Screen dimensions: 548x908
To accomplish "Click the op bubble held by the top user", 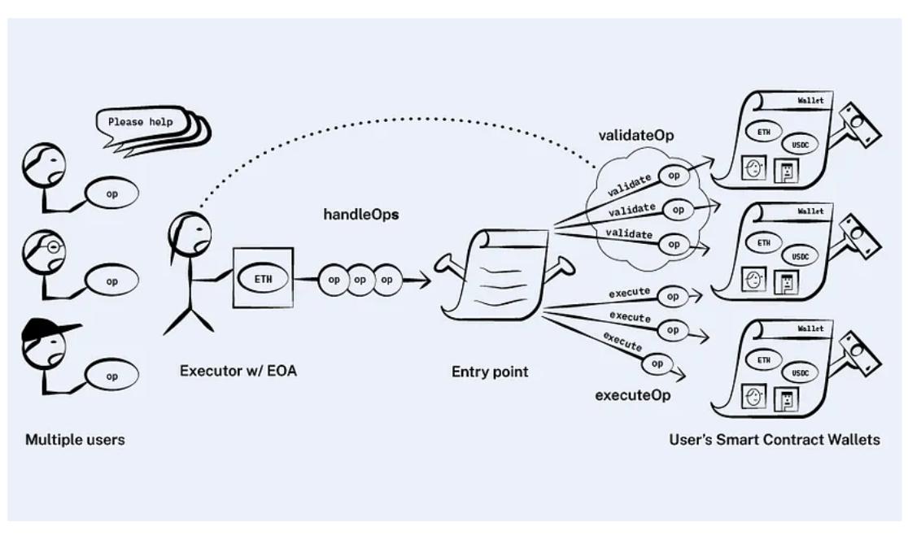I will click(112, 194).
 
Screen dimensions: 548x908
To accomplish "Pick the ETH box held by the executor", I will click(262, 277).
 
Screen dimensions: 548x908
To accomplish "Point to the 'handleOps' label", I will click(361, 216).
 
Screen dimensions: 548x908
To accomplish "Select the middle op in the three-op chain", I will click(360, 279).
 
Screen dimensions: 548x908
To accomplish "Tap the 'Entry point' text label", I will click(490, 372).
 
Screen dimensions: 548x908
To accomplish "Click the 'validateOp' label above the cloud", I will click(635, 135).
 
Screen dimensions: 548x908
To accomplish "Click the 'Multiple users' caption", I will click(75, 440).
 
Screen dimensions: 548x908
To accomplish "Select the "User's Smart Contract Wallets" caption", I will click(774, 440).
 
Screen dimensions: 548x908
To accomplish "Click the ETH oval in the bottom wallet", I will click(764, 360).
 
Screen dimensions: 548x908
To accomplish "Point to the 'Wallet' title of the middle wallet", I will click(810, 211).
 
